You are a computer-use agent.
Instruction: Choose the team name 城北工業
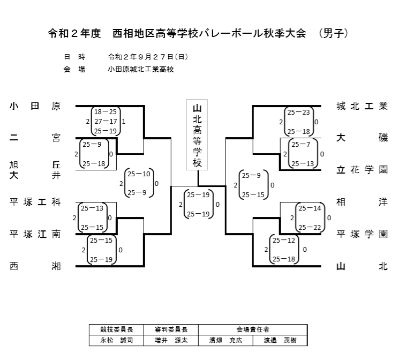(x=362, y=106)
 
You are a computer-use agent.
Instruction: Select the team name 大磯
(x=362, y=138)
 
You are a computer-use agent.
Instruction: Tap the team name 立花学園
(x=362, y=170)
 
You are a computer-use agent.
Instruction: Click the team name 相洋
(x=362, y=202)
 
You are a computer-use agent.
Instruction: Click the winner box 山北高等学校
(x=197, y=134)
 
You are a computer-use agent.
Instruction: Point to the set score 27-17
(x=106, y=121)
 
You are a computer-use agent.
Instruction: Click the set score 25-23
(x=298, y=112)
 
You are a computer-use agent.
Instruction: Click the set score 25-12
(x=284, y=241)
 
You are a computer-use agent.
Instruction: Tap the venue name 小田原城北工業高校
(x=141, y=69)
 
